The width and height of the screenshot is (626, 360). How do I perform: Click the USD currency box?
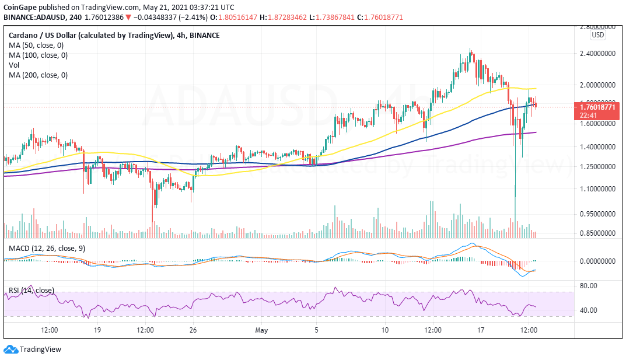(x=597, y=35)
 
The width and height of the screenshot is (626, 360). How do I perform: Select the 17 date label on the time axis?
(x=481, y=330)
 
